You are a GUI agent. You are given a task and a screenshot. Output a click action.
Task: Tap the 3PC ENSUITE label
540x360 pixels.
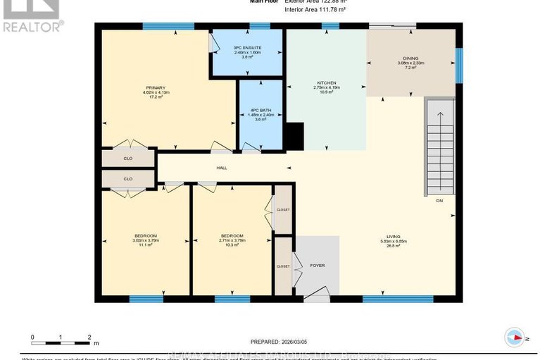pyautogui.click(x=247, y=48)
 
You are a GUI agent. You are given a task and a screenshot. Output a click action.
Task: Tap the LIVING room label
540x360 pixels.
pyautogui.click(x=393, y=237)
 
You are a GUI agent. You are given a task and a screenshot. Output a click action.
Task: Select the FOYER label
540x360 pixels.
pyautogui.click(x=317, y=266)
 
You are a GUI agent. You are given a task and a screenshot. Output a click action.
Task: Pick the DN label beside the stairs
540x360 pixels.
pyautogui.click(x=438, y=201)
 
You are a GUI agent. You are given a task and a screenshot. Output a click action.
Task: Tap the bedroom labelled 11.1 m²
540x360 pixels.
pyautogui.click(x=146, y=240)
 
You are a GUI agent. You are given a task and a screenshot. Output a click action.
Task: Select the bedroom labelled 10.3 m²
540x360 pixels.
pyautogui.click(x=232, y=240)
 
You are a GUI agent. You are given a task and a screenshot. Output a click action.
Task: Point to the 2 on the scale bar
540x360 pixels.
pyautogui.click(x=89, y=337)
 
